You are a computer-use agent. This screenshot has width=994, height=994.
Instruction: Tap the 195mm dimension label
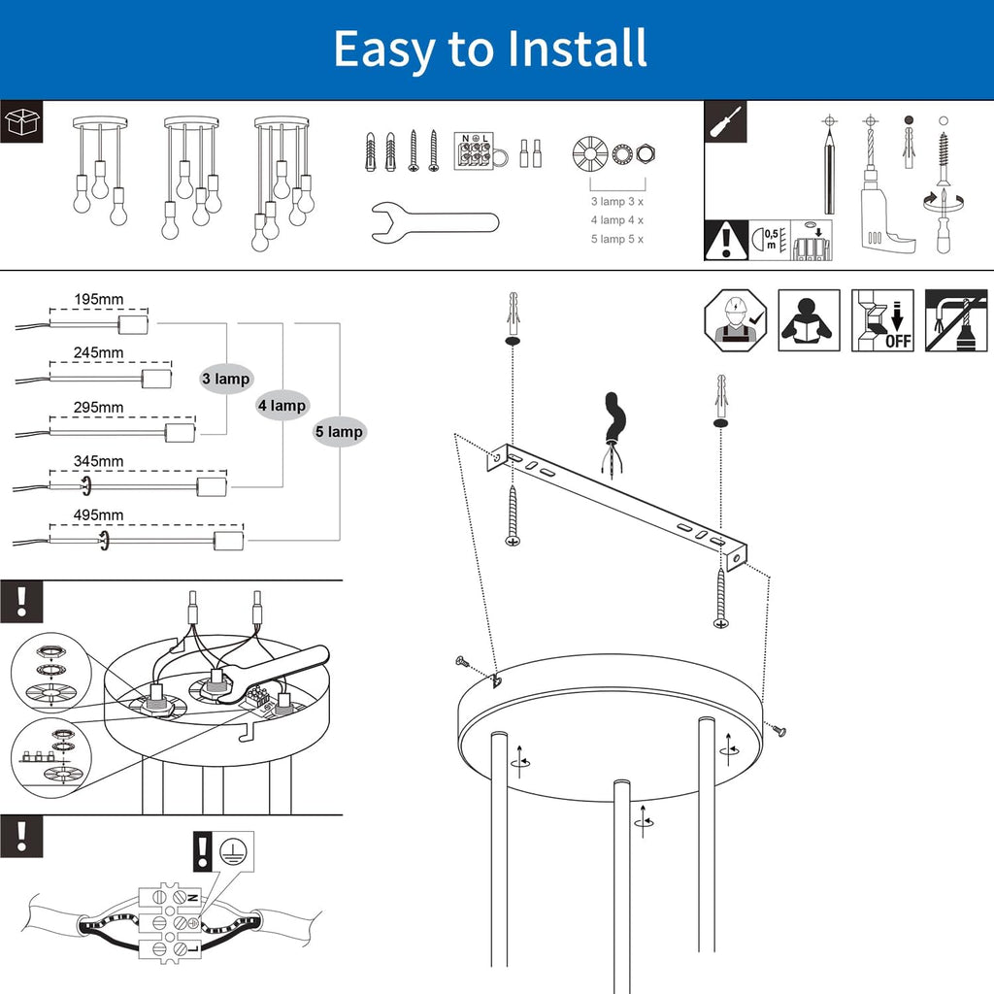(x=99, y=299)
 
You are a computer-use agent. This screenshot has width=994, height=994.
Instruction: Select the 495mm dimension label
(x=99, y=514)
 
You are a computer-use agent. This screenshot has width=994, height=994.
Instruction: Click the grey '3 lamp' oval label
(x=226, y=379)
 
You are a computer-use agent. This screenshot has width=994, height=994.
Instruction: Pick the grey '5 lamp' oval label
(x=339, y=432)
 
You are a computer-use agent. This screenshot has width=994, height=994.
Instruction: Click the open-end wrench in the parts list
(x=434, y=220)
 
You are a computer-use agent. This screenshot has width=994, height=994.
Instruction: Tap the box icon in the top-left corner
(x=20, y=122)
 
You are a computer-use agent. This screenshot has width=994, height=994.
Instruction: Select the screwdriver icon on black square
(x=725, y=122)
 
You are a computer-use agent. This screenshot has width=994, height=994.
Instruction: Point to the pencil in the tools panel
(x=830, y=170)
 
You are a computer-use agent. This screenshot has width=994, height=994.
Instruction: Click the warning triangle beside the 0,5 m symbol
(x=725, y=241)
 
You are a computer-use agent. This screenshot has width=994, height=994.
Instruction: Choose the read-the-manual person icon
(x=809, y=319)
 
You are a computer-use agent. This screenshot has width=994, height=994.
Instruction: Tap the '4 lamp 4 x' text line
(x=617, y=220)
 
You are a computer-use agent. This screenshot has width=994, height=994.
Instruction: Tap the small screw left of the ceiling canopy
(x=461, y=661)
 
